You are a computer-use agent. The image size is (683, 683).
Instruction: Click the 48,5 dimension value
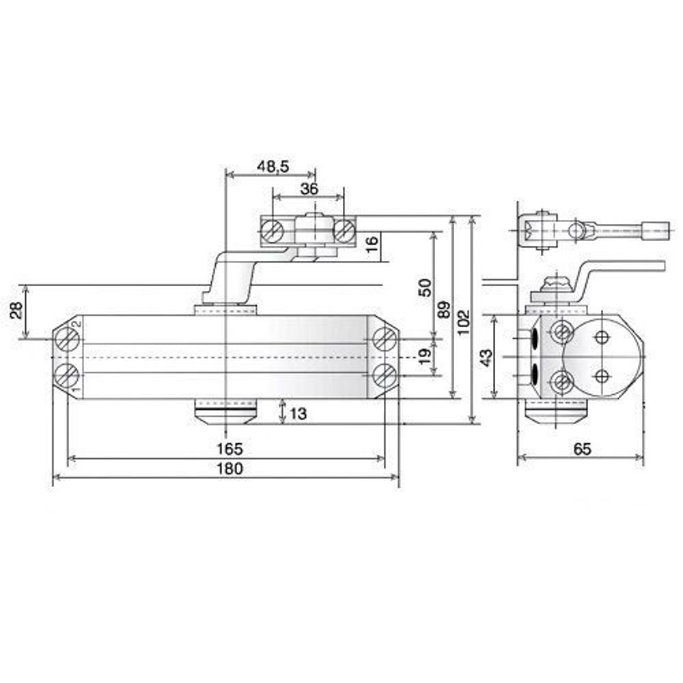pyautogui.click(x=272, y=166)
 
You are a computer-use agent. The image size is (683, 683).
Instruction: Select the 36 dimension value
pyautogui.click(x=309, y=189)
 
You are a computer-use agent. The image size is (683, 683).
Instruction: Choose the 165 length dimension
pyautogui.click(x=229, y=449)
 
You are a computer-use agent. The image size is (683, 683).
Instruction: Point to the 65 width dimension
pyautogui.click(x=581, y=449)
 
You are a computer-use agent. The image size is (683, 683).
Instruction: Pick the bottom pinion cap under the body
pyautogui.click(x=225, y=413)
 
